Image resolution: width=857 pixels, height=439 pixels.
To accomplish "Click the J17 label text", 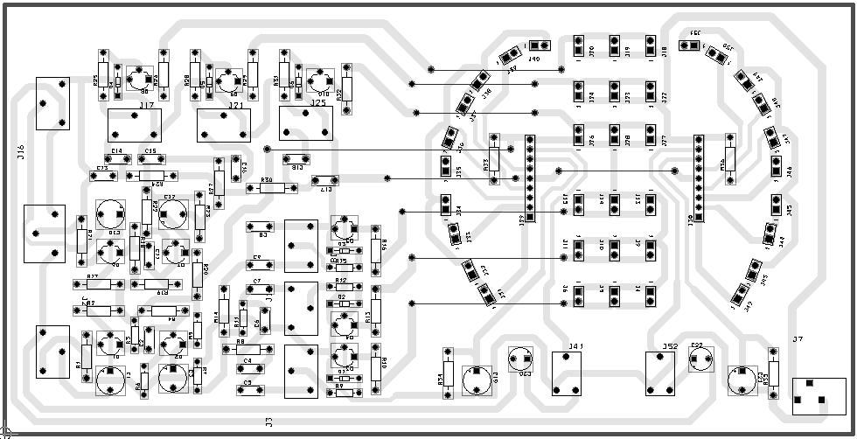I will pos(146,105).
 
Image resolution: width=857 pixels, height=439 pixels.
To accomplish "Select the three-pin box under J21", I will pos(226,126).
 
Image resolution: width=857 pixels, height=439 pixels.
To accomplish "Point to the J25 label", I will pos(317,103).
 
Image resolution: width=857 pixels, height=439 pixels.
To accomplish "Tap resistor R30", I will pos(266,188).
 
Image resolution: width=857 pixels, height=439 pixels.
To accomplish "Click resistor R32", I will pos(347,88).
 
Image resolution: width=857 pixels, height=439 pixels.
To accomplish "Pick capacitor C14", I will pos(116,159).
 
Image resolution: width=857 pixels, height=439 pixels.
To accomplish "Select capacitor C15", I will pos(151,159).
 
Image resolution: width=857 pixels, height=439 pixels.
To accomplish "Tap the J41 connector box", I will pos(568,373).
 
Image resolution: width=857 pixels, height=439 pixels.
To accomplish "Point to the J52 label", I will pos(671,346).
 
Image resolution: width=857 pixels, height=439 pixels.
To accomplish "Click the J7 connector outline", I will pos(819,396).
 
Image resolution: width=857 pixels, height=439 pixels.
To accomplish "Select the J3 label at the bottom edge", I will pos(269,422).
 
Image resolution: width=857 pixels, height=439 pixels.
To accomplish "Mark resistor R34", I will pos(448,373).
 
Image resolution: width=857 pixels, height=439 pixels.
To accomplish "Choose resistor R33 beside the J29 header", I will pos(494,159).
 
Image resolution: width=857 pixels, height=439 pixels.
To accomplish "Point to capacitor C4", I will pos(247,368).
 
